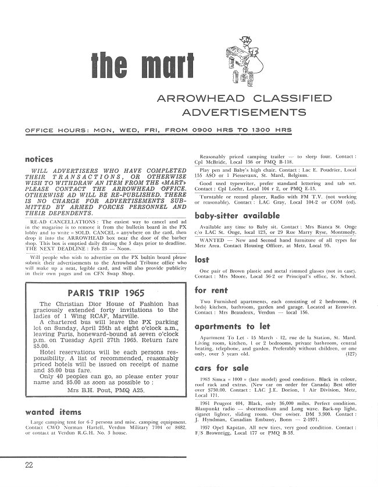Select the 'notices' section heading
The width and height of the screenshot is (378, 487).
[x=39, y=159]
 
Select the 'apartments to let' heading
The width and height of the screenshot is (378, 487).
[x=226, y=326]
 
